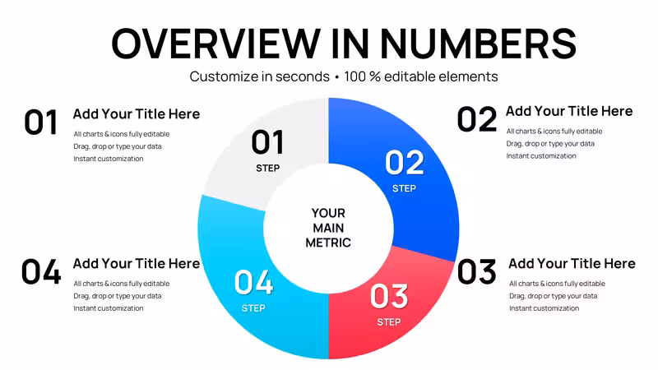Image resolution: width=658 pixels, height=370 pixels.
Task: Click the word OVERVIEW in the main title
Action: [x=216, y=44]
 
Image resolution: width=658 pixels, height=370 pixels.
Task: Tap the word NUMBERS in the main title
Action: [x=478, y=44]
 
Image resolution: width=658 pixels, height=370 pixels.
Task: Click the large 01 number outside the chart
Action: [x=40, y=122]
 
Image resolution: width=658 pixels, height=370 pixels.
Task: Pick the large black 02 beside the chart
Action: [x=477, y=119]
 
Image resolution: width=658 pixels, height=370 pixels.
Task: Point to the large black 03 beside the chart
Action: [x=477, y=272]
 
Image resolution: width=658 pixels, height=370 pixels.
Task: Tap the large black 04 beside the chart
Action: [x=41, y=272]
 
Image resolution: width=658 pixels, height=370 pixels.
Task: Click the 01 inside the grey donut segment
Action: [x=268, y=142]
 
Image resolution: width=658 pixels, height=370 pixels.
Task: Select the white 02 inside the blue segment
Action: [x=405, y=163]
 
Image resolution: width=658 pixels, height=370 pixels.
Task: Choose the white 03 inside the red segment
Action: [x=389, y=296]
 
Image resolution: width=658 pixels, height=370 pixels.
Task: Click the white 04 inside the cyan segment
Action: [x=253, y=282]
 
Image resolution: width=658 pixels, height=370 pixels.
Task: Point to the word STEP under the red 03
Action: [x=389, y=322]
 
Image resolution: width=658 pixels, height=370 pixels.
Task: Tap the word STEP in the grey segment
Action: [x=268, y=169]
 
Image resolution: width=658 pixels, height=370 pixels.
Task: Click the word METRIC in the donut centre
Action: [x=328, y=243]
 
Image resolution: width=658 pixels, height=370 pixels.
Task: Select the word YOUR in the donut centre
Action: [x=328, y=213]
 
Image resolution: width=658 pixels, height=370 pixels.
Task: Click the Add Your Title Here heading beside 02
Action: [x=569, y=111]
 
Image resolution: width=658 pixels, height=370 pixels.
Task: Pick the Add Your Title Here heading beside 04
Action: [x=137, y=263]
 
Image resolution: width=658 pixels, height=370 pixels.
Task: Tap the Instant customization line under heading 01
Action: [x=109, y=159]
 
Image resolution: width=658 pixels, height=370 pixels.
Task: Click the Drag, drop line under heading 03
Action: [x=553, y=296]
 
